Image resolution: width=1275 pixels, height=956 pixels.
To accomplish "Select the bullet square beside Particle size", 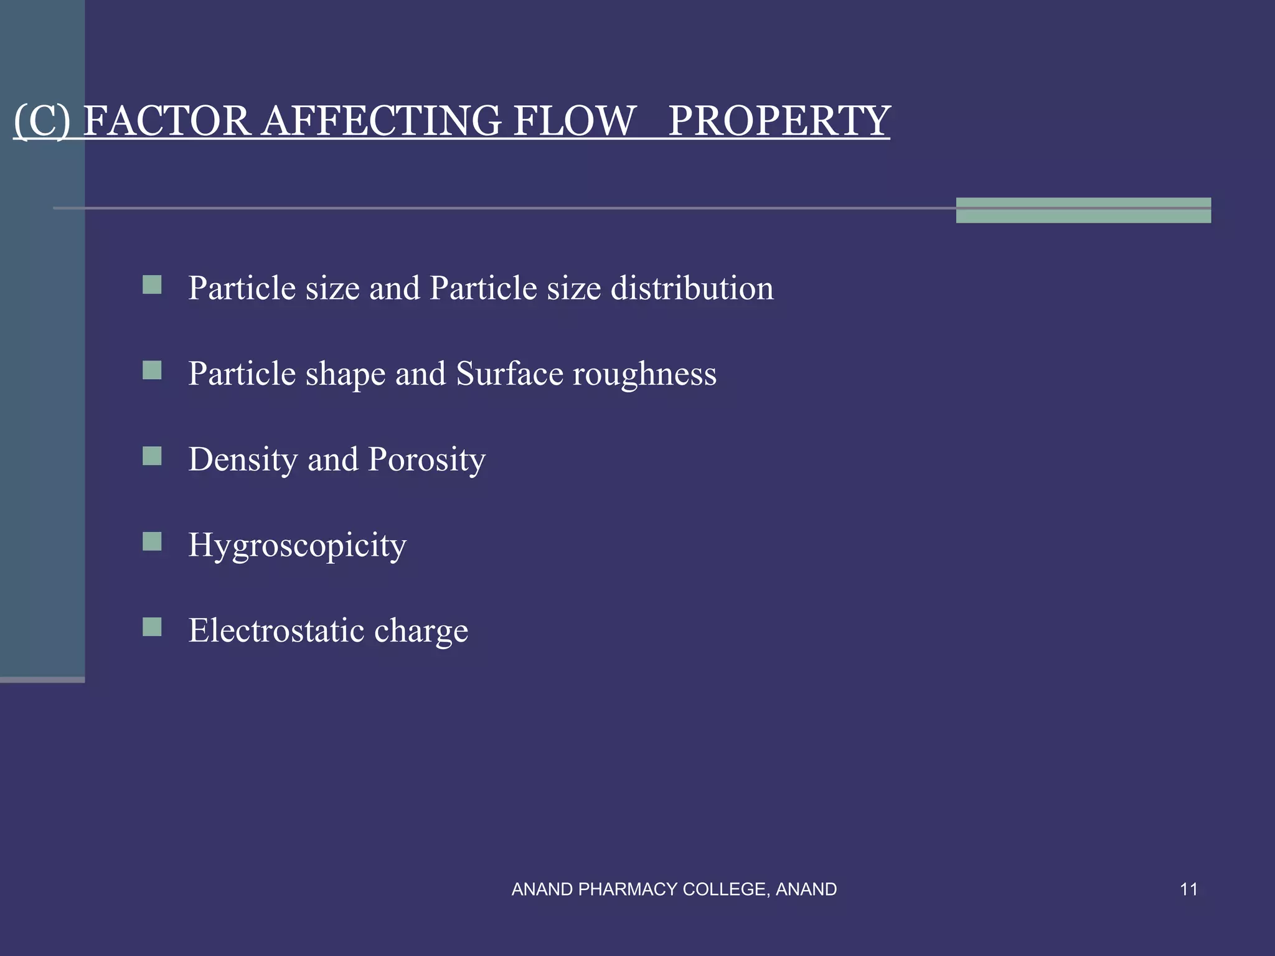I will coord(152,285).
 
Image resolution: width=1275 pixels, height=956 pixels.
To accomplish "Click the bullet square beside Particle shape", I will coord(152,371).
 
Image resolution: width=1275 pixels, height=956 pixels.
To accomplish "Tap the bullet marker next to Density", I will coord(152,456).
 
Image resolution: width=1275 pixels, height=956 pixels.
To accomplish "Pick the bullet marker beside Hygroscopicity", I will coord(152,541).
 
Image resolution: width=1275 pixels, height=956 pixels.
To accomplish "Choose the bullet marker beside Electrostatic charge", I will coord(152,627).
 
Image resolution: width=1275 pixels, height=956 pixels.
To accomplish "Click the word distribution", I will coord(692,288).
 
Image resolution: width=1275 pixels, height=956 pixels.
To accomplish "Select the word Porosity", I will coord(426,460).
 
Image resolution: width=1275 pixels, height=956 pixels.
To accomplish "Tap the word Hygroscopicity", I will coord(298,546).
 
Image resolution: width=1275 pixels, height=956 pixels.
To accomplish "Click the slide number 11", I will coord(1188,889).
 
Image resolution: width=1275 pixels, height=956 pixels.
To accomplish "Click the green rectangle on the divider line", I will coord(1083,210).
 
